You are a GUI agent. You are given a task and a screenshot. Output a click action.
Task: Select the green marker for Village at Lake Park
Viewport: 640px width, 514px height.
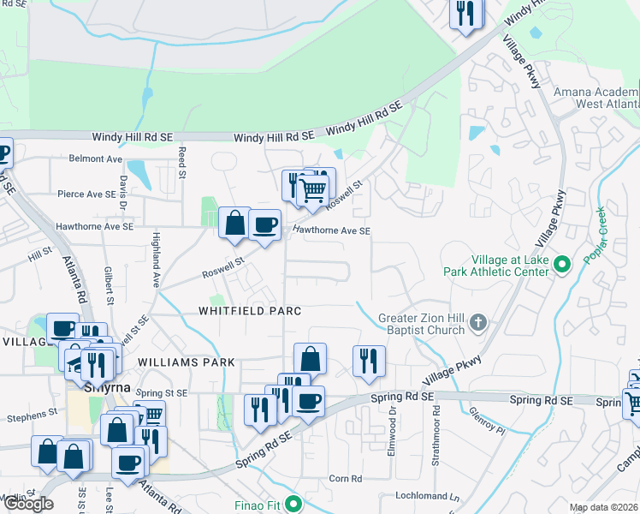562,263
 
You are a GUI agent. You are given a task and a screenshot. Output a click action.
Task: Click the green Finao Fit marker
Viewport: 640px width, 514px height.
293,504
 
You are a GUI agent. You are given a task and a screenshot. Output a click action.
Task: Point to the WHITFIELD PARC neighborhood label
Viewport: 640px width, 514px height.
251,311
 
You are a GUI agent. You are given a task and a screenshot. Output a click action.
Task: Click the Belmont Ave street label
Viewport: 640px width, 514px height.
96,158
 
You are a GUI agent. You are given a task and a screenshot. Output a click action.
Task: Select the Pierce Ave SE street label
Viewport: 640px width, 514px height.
86,194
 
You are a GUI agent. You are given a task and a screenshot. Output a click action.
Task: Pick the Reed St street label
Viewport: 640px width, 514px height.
182,162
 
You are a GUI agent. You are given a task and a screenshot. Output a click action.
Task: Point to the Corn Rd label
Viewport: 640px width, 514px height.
346,478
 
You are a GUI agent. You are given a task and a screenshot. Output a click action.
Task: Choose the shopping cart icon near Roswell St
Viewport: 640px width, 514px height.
313,188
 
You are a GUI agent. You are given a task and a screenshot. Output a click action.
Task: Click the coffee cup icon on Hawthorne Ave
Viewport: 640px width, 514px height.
265,225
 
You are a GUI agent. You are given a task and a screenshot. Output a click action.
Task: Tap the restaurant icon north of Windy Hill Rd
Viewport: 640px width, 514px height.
466,13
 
